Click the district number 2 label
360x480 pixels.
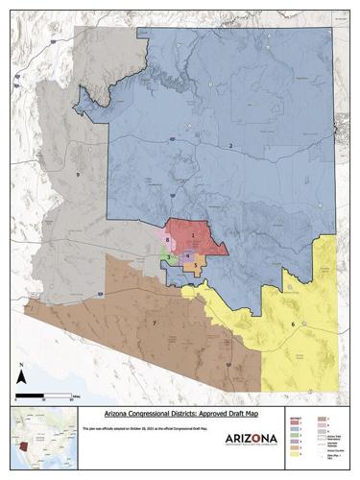coord(230,145)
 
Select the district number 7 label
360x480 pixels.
coord(153,324)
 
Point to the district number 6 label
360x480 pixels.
coord(293,324)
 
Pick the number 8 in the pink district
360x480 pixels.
coord(167,239)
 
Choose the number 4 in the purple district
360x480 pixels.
coord(188,254)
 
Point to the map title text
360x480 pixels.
coord(180,411)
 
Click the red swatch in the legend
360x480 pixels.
coord(295,422)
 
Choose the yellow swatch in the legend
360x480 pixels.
coord(295,456)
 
